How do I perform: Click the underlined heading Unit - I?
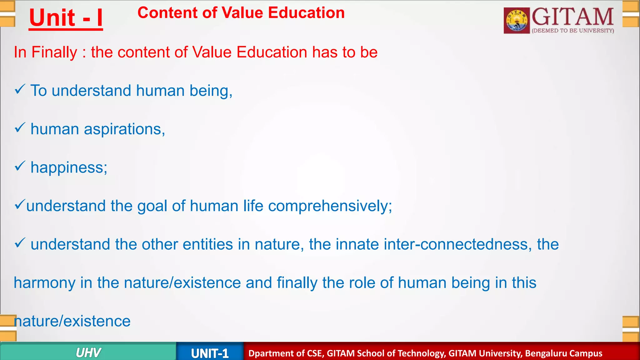point(66,18)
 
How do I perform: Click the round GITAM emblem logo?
point(517,21)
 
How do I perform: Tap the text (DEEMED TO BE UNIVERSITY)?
point(573,31)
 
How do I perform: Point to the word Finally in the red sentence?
point(54,52)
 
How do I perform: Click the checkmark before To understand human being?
point(20,90)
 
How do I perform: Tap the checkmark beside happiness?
point(20,166)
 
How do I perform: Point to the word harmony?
point(44,283)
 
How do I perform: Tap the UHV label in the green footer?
point(88,353)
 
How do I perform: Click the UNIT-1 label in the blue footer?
point(210,353)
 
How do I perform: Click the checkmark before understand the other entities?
point(20,243)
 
